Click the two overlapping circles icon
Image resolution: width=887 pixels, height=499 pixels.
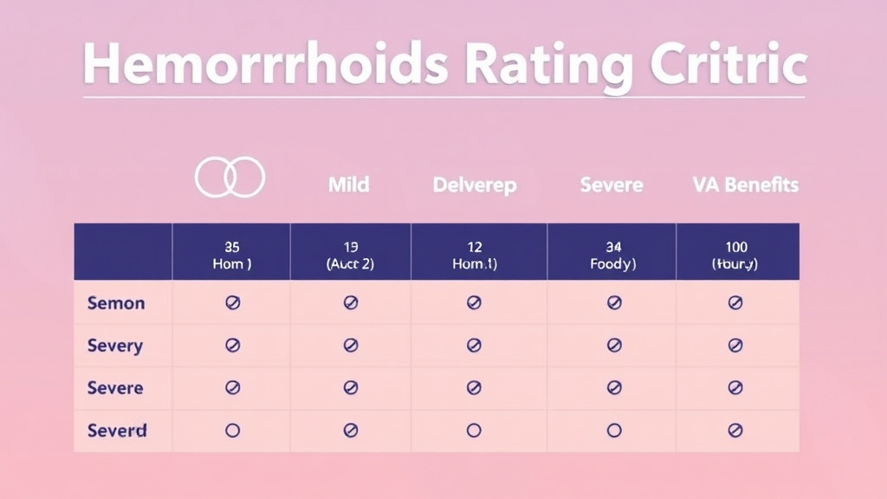tap(230, 178)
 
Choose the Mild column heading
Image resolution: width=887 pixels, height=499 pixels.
tap(348, 185)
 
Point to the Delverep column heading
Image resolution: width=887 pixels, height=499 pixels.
tap(474, 185)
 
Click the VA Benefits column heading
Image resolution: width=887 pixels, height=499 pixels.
tap(745, 185)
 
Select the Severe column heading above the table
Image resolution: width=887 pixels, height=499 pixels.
tap(612, 185)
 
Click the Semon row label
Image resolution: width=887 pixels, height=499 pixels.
tap(116, 303)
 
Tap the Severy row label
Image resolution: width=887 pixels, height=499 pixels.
tap(115, 346)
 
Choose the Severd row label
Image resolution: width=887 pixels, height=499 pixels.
tap(117, 430)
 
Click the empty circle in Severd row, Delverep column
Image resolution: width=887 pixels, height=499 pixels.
tap(474, 430)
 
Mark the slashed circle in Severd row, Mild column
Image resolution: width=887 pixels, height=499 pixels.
tap(351, 430)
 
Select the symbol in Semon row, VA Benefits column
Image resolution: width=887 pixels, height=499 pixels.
tap(735, 303)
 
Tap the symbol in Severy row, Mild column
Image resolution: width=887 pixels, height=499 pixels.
tap(351, 346)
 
